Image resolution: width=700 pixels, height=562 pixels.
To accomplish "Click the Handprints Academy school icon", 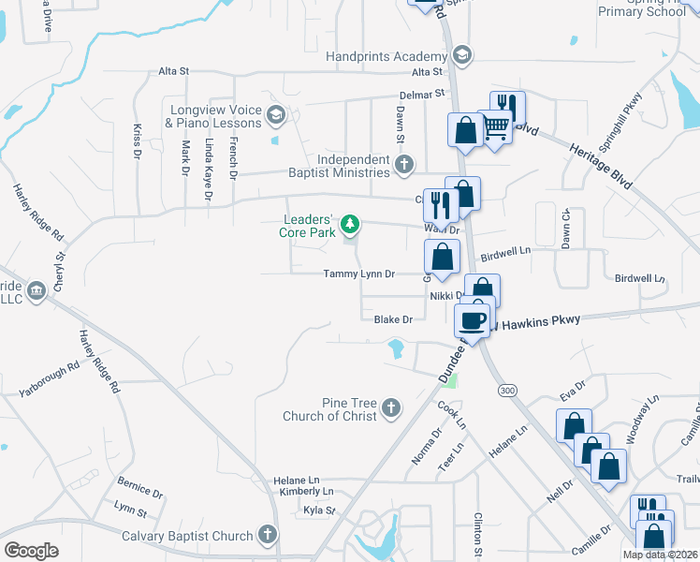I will point(460,57).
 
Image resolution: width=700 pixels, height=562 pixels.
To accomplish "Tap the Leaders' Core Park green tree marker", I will point(350,224).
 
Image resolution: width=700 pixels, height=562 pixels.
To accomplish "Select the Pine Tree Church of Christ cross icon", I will point(390,408).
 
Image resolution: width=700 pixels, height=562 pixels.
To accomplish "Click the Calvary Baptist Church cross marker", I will point(267,536).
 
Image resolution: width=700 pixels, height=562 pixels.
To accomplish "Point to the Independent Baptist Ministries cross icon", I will point(403,166).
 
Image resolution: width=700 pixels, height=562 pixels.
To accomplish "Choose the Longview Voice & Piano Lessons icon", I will point(275,116).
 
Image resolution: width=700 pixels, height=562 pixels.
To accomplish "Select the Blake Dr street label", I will point(393,319).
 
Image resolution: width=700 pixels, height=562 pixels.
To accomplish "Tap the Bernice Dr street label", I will point(140,488).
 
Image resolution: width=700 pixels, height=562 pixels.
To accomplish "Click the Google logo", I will point(32,551).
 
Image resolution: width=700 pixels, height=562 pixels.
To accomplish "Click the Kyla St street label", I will point(319,510).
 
